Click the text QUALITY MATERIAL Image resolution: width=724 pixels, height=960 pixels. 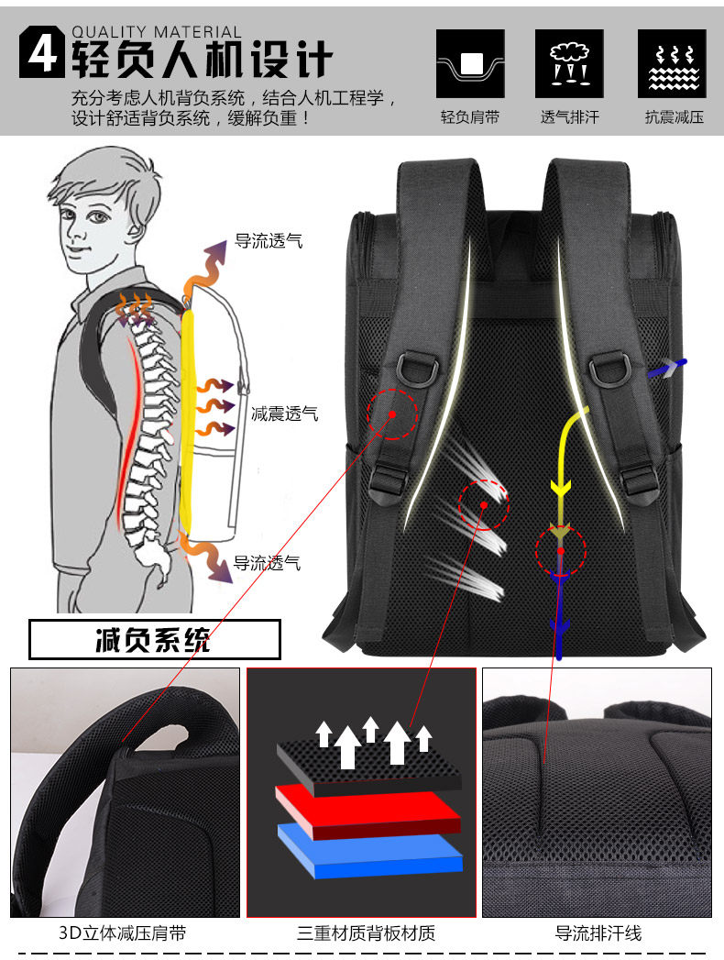(x=157, y=32)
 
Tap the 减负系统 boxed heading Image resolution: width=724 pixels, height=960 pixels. (x=154, y=639)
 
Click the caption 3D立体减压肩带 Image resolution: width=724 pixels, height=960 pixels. (x=123, y=933)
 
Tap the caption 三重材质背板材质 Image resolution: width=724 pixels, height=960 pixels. (x=366, y=933)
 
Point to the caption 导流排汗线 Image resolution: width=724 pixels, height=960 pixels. (x=598, y=933)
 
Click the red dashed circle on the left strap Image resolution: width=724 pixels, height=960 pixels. (x=392, y=414)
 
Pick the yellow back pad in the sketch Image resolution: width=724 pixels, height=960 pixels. (x=188, y=422)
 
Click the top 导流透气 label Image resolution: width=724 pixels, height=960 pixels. (x=269, y=242)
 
